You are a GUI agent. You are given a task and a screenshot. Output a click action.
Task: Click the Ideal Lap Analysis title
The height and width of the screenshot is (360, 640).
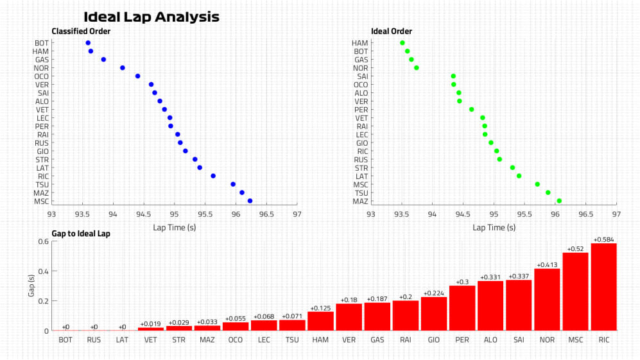click(151, 17)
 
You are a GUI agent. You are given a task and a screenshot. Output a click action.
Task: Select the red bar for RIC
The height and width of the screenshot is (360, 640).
click(603, 287)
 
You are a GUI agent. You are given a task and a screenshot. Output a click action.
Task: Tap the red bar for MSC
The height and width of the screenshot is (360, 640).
click(575, 292)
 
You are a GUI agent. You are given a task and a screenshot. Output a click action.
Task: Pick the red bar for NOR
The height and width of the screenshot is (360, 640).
click(547, 300)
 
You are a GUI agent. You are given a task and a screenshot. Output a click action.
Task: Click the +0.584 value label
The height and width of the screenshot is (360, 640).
click(603, 239)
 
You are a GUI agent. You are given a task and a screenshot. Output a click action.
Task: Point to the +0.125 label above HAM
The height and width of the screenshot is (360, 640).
click(320, 308)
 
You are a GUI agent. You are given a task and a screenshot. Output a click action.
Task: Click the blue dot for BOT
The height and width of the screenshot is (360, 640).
click(88, 43)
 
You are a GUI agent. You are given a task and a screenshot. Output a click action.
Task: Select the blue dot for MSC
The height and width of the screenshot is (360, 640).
click(250, 201)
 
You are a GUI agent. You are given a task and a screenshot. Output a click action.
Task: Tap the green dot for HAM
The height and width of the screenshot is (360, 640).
click(402, 43)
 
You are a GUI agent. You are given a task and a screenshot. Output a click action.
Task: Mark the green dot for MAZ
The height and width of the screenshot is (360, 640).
click(559, 201)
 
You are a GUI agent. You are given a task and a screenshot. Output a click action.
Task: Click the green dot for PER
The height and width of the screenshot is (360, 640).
click(472, 109)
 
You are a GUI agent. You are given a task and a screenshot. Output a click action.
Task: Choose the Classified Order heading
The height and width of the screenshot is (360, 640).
click(81, 31)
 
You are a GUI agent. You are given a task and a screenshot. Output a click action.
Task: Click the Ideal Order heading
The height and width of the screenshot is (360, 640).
click(392, 31)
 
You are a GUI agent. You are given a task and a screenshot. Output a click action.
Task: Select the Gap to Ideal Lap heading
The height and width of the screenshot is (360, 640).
click(81, 234)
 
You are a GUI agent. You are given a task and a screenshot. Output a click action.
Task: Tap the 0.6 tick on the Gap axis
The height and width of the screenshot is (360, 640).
click(44, 241)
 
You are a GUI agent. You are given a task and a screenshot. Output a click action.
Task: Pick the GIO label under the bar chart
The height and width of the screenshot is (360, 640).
click(434, 339)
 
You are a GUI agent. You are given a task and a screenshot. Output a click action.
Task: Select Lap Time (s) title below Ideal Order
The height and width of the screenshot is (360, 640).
click(494, 227)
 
